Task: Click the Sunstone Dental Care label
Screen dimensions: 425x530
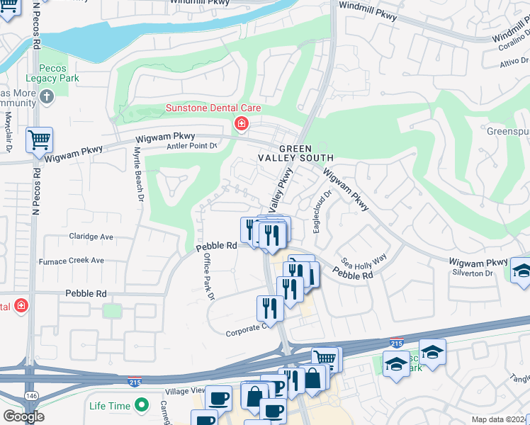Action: (x=213, y=108)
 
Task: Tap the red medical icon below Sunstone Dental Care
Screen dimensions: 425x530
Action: (x=242, y=125)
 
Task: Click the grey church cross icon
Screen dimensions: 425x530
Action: (x=47, y=96)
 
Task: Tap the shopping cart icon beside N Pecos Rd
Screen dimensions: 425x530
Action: (x=40, y=140)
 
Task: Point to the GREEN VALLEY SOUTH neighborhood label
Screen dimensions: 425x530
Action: (x=305, y=153)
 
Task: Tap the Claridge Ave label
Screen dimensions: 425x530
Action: (x=91, y=237)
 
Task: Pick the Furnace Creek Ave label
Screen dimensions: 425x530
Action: (x=74, y=261)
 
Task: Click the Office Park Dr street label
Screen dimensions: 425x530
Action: (x=208, y=277)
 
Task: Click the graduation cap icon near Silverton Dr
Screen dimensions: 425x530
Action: (x=521, y=272)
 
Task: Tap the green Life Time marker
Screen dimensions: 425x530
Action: (x=142, y=405)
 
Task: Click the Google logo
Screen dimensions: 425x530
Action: (x=23, y=416)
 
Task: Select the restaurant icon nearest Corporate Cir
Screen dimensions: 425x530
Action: (x=270, y=307)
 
